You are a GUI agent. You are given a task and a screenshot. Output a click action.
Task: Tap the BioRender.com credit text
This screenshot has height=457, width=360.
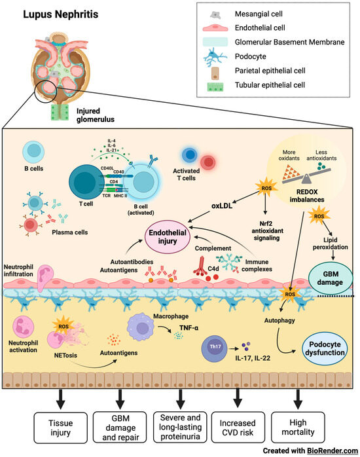[321, 450]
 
